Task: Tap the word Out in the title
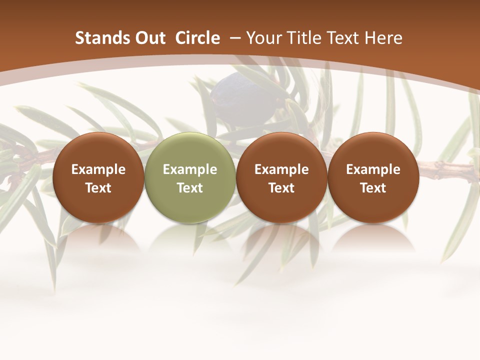pyautogui.click(x=149, y=38)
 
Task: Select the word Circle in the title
pyautogui.click(x=197, y=38)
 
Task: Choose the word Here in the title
pyautogui.click(x=385, y=38)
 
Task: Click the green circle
pyautogui.click(x=190, y=177)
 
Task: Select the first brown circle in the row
pyautogui.click(x=98, y=177)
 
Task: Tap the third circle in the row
pyautogui.click(x=281, y=177)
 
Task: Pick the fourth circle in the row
pyautogui.click(x=373, y=177)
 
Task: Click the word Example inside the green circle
pyautogui.click(x=190, y=169)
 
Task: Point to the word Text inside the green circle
pyautogui.click(x=190, y=188)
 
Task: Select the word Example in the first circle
pyautogui.click(x=98, y=169)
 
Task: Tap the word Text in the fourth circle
pyautogui.click(x=373, y=188)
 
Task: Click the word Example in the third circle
pyautogui.click(x=281, y=169)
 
